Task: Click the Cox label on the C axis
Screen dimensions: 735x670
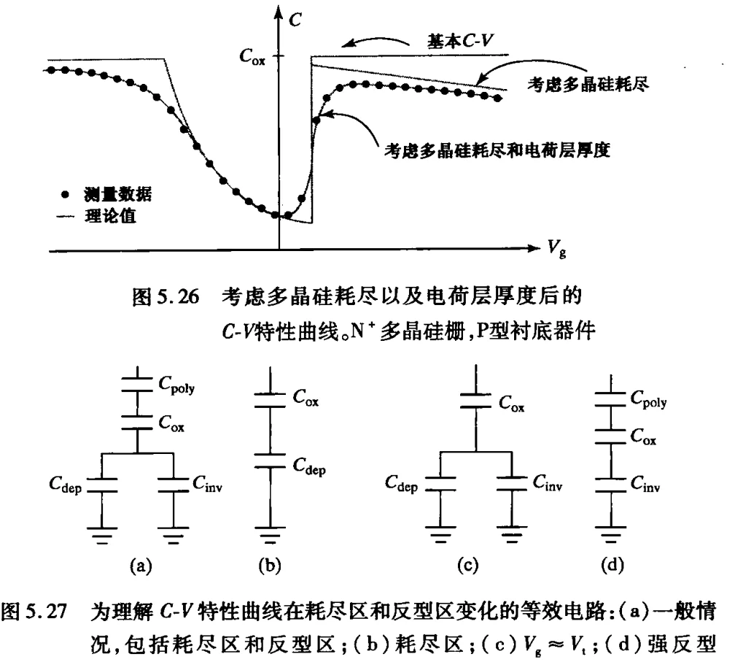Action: pos(252,57)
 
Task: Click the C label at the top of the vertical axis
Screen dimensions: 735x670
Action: pos(295,20)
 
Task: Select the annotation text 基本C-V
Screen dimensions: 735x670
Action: pos(460,42)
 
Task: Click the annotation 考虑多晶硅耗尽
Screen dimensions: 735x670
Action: pos(588,85)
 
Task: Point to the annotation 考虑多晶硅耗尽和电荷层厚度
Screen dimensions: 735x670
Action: pos(497,150)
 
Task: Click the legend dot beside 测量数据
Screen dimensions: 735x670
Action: pos(65,194)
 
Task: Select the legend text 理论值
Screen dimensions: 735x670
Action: pos(111,216)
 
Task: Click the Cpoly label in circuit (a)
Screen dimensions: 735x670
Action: pos(176,385)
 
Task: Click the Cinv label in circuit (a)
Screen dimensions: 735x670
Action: pos(207,483)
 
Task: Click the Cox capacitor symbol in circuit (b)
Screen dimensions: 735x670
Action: pos(270,400)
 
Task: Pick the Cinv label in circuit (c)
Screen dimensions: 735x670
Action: pos(548,482)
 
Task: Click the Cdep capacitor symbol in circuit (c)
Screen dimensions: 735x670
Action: pos(440,484)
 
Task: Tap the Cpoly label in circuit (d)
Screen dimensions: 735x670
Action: pos(649,399)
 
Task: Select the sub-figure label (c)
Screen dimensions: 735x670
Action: pos(468,566)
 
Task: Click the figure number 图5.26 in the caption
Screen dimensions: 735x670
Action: pos(166,296)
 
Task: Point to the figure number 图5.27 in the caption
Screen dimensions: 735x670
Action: pos(34,612)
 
